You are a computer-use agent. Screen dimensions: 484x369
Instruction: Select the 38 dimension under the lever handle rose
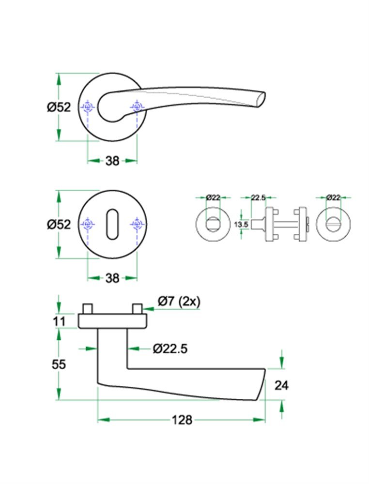pyautogui.click(x=112, y=161)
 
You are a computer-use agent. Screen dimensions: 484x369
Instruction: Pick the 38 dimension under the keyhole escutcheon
pyautogui.click(x=112, y=278)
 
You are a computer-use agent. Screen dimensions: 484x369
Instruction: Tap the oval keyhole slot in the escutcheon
pyautogui.click(x=112, y=224)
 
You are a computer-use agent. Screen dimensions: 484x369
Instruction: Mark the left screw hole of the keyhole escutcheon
pyautogui.click(x=88, y=224)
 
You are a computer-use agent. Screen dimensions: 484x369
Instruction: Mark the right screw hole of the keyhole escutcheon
pyautogui.click(x=137, y=224)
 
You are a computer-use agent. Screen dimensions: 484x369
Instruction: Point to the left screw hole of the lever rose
pyautogui.click(x=88, y=107)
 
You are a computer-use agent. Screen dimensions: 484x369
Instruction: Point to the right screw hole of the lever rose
pyautogui.click(x=137, y=107)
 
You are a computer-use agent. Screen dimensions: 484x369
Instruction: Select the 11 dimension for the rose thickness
pyautogui.click(x=59, y=321)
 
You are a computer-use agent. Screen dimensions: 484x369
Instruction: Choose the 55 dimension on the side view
pyautogui.click(x=59, y=364)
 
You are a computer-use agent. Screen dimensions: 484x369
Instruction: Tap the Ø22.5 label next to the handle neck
pyautogui.click(x=169, y=348)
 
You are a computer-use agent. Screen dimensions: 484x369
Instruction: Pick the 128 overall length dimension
pyautogui.click(x=182, y=420)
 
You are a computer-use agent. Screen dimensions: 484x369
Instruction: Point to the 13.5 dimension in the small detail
pyautogui.click(x=241, y=225)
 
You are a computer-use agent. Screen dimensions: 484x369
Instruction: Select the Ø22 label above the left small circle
pyautogui.click(x=213, y=197)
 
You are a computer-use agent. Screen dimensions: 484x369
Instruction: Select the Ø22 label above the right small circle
pyautogui.click(x=333, y=197)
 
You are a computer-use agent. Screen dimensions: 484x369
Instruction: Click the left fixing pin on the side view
pyautogui.click(x=88, y=309)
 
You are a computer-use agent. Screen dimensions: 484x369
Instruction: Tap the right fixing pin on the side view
pyautogui.click(x=137, y=309)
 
